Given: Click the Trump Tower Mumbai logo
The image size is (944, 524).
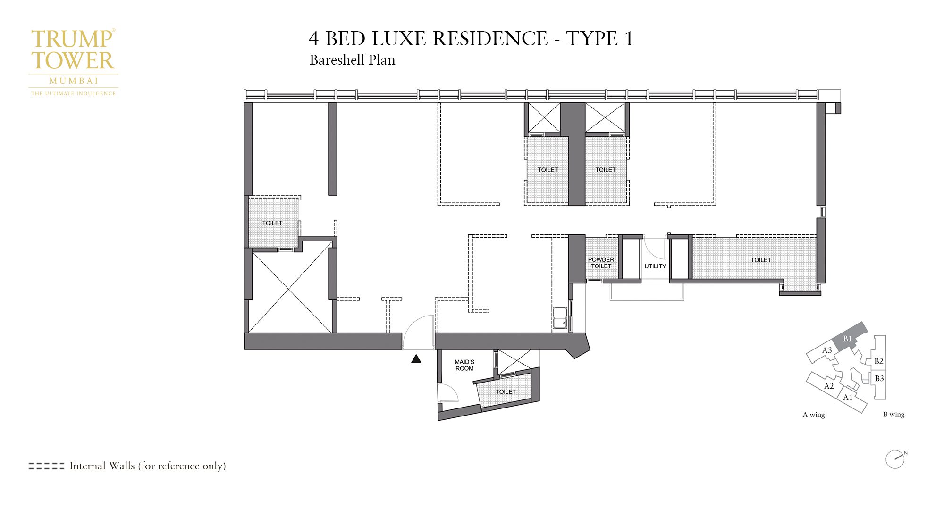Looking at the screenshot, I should tap(73, 61).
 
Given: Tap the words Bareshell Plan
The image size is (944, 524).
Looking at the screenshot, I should tap(352, 60).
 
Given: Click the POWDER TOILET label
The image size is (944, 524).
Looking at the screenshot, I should tap(601, 263).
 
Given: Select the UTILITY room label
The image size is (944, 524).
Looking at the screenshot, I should tap(655, 266).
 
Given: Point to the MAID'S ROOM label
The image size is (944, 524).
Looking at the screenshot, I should tap(464, 365).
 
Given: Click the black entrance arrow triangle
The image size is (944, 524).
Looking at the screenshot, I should tap(416, 359).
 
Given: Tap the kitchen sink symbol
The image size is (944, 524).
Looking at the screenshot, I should tap(560, 318).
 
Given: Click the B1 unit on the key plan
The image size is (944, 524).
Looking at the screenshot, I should tap(848, 339).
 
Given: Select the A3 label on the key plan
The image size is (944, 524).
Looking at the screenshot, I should tap(827, 350).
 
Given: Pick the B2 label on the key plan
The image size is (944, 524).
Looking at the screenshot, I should tap(878, 361).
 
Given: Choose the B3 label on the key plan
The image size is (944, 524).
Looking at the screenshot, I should tap(879, 378).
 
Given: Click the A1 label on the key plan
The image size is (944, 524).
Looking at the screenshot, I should tap(848, 397).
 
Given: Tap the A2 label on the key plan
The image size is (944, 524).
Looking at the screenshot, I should tap(829, 386).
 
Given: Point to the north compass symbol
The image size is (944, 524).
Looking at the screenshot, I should tap(895, 459).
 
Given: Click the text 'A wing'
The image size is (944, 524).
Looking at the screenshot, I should tap(814, 415).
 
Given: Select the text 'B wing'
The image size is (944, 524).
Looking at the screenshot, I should tap(893, 415).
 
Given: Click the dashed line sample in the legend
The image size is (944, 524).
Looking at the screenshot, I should tap(46, 466).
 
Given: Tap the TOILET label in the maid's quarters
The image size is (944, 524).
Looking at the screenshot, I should tap(506, 391).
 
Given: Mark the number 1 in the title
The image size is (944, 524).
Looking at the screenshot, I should tap(628, 39).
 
